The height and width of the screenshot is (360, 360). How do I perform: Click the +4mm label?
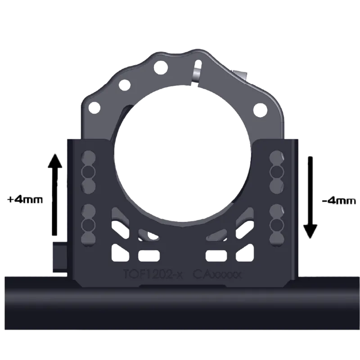point(25,199)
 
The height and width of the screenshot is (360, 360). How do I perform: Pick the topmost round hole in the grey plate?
point(160,68)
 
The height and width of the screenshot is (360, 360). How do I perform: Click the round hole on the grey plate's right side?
point(260,109)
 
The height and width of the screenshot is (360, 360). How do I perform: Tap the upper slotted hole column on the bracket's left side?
point(88,171)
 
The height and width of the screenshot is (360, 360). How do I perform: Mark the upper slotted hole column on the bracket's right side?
point(275,171)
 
